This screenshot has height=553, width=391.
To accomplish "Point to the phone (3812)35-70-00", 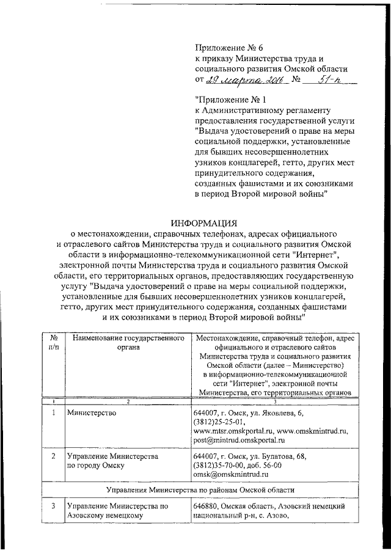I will pyautogui.click(x=218, y=465).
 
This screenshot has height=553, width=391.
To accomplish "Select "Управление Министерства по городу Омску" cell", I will pyautogui.click(x=113, y=461).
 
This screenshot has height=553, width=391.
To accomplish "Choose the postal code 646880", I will pyautogui.click(x=206, y=506).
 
